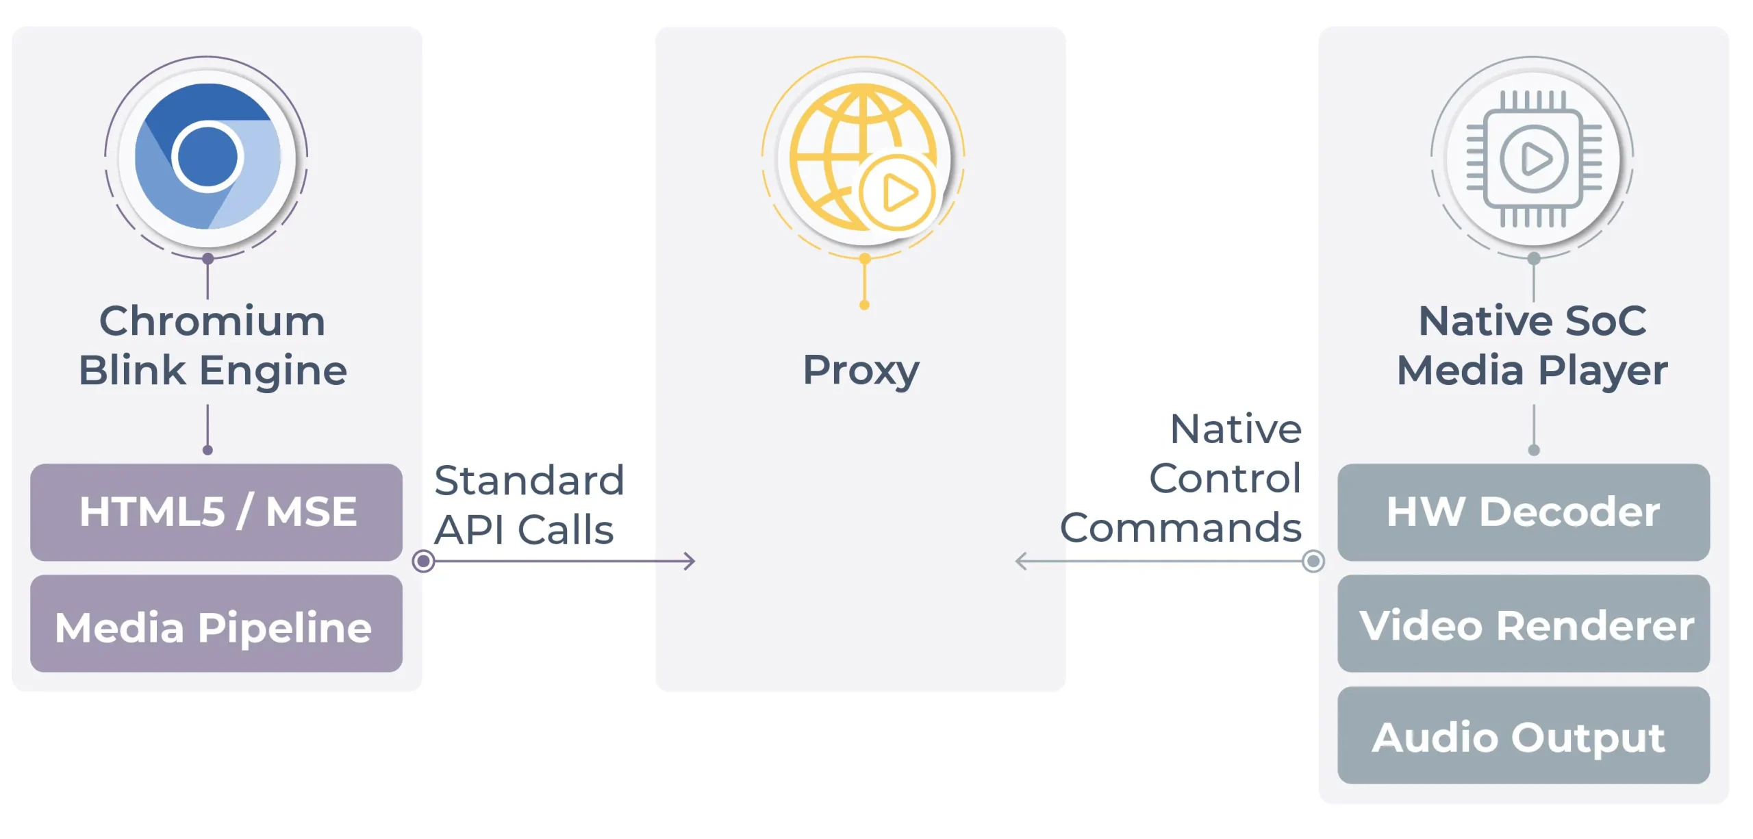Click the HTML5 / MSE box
tap(216, 512)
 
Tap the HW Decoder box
tap(1523, 512)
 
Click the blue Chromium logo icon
tap(207, 157)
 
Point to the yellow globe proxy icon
tap(863, 157)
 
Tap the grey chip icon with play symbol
tap(1533, 159)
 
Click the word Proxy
tap(861, 370)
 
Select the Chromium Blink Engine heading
tap(212, 345)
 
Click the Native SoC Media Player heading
tap(1533, 345)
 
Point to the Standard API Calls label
tap(529, 505)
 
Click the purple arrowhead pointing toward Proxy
tap(690, 562)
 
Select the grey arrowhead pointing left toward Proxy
tap(1020, 562)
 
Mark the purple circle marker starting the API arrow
tap(424, 562)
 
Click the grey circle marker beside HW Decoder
tap(1313, 562)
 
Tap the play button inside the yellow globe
tap(898, 192)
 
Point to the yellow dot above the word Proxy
tap(864, 305)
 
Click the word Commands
tap(1181, 528)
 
